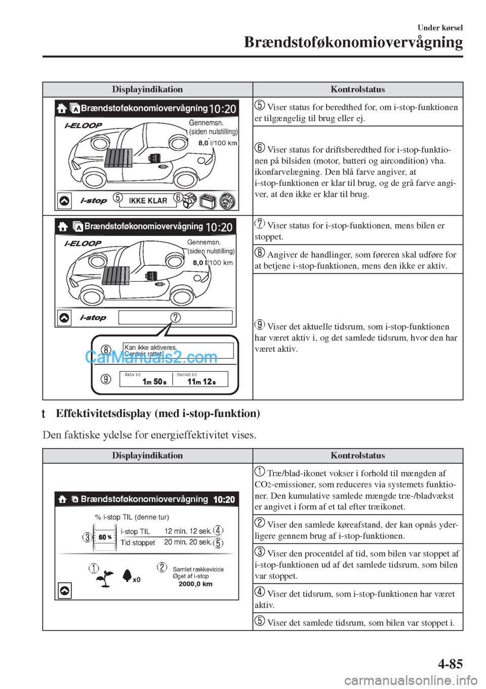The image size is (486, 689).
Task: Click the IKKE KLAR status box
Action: (148, 200)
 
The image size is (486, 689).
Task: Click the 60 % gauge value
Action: (105, 537)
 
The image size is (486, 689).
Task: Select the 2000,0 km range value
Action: (195, 584)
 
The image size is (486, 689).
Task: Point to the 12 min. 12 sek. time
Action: (188, 531)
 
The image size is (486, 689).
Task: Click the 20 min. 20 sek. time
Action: (188, 542)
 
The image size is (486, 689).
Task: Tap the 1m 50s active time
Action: (154, 382)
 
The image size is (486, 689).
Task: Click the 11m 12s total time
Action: (201, 382)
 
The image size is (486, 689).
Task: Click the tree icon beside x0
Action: (127, 576)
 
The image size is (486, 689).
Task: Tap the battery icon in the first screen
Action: (209, 201)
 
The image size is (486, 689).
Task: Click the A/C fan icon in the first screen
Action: (227, 201)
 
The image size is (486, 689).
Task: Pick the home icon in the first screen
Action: (62, 108)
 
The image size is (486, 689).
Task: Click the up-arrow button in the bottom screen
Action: (65, 590)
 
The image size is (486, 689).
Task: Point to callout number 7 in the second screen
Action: (176, 317)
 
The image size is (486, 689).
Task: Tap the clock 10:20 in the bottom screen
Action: (224, 499)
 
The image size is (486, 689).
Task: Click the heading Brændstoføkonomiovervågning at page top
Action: (353, 43)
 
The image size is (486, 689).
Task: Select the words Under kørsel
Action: (440, 28)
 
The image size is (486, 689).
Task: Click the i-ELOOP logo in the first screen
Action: (83, 125)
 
